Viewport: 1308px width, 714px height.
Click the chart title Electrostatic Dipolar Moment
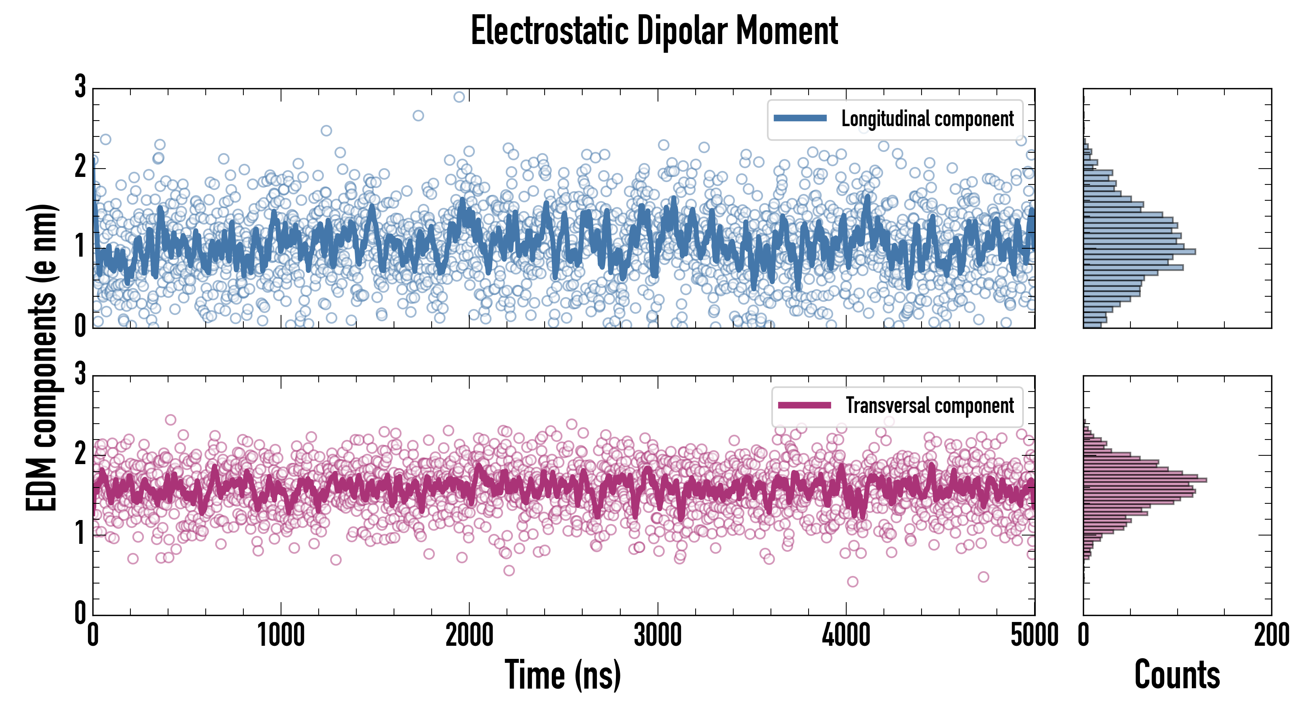click(x=654, y=31)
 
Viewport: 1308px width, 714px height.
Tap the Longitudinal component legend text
click(x=927, y=119)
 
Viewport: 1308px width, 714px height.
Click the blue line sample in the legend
click(x=800, y=119)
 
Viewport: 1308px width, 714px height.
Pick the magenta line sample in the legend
click(x=804, y=405)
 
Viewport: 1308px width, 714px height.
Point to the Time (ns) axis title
click(x=562, y=675)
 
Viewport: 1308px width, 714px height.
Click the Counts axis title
click(x=1176, y=675)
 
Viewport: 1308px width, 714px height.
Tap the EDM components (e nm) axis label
click(x=42, y=358)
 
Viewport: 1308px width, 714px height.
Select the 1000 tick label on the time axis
click(x=281, y=635)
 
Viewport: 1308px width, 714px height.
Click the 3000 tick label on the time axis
click(x=658, y=635)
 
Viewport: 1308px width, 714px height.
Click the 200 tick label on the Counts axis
click(x=1271, y=635)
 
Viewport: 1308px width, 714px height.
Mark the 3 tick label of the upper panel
click(x=80, y=86)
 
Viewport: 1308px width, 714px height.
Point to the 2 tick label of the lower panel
click(x=80, y=453)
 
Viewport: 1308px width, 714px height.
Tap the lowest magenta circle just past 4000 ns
click(x=853, y=582)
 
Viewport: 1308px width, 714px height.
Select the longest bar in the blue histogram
click(x=1140, y=251)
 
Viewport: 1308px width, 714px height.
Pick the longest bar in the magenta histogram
click(x=1145, y=480)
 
